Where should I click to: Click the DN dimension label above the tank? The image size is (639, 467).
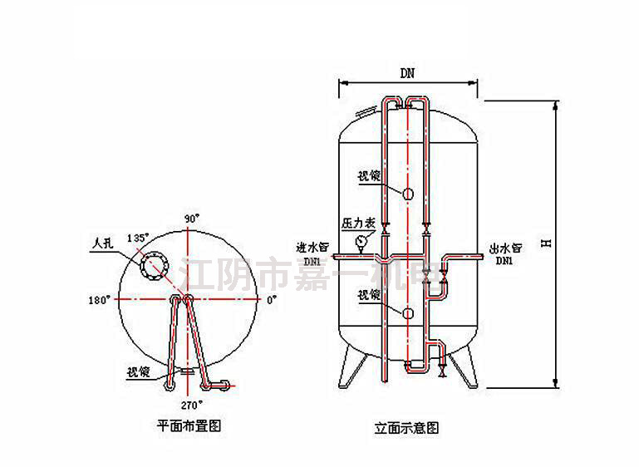click(x=407, y=73)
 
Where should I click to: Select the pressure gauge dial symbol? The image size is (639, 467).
click(x=361, y=242)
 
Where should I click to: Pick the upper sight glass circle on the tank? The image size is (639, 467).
click(x=408, y=194)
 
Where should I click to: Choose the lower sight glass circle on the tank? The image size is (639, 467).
click(x=408, y=312)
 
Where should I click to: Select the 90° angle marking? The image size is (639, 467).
click(x=193, y=219)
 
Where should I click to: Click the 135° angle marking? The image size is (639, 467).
click(x=137, y=238)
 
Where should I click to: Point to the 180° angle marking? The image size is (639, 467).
click(x=98, y=301)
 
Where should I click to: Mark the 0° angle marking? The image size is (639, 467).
click(x=272, y=301)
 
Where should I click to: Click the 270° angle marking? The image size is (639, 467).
click(x=193, y=405)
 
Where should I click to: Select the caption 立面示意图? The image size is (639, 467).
click(x=406, y=429)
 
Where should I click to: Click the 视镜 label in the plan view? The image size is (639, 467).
click(x=140, y=371)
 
